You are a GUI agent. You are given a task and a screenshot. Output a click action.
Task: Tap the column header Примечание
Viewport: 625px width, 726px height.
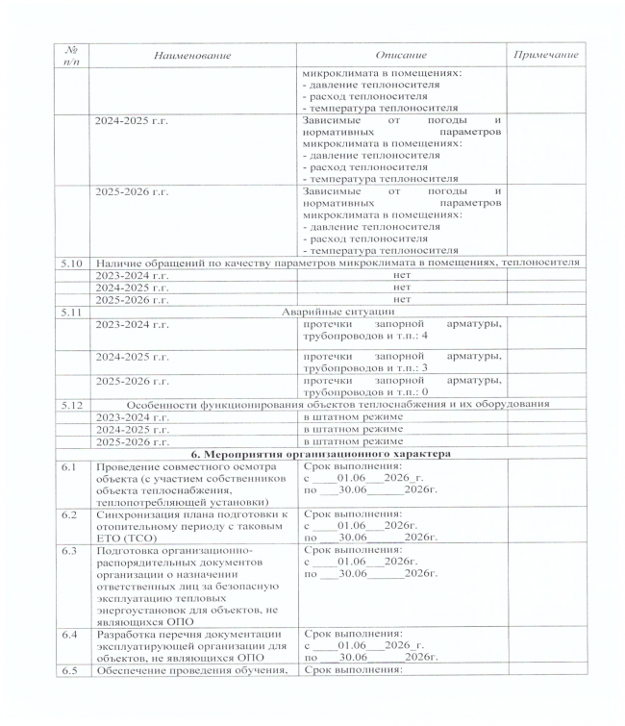pyautogui.click(x=545, y=56)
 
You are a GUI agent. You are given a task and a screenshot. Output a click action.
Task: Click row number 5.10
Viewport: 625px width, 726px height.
pyautogui.click(x=66, y=262)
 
